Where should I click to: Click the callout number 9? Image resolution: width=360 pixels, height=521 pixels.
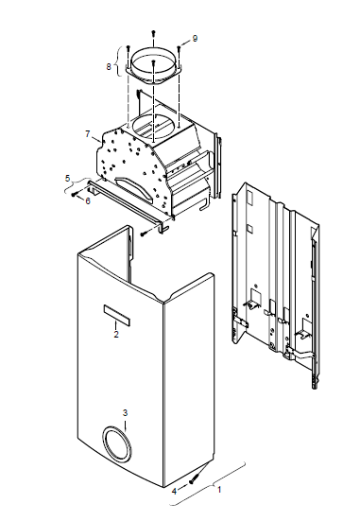(x=195, y=39)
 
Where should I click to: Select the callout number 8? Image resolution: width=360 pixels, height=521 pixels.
(x=109, y=67)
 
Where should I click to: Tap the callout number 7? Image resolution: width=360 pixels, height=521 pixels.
(x=88, y=134)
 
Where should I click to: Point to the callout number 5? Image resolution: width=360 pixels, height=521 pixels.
(x=68, y=179)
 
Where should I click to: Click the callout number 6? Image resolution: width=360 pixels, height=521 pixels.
(x=88, y=201)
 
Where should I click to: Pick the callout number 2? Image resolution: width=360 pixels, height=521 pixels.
(x=116, y=335)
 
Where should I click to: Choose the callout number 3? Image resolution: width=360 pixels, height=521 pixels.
(x=125, y=413)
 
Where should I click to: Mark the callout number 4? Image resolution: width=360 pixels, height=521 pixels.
(x=175, y=492)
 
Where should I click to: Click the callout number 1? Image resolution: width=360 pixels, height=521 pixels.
(x=219, y=490)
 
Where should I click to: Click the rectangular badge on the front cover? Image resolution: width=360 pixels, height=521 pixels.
(x=116, y=315)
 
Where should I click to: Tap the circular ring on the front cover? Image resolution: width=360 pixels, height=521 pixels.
(x=116, y=444)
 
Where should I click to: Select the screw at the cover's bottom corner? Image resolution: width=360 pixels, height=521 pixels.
(x=194, y=479)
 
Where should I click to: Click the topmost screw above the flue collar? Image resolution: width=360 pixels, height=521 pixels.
(x=153, y=33)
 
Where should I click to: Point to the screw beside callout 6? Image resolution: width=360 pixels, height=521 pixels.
(x=76, y=194)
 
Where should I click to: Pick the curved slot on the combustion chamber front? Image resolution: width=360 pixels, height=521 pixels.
(x=135, y=189)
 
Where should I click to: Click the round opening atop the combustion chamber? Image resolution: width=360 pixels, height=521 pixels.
(x=152, y=127)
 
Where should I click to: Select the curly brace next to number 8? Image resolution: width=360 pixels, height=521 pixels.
(x=117, y=61)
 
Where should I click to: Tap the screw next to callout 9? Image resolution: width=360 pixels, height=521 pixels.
(x=179, y=49)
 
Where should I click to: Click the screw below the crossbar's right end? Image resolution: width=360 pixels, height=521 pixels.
(x=145, y=234)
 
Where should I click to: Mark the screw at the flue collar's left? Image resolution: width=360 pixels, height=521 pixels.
(x=128, y=49)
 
